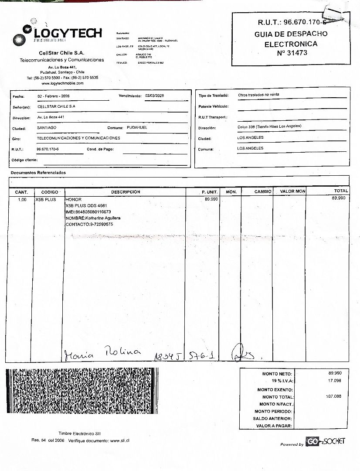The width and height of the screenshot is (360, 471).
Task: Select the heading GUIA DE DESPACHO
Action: pos(291,34)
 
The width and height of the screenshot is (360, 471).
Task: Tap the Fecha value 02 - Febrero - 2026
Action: pos(54,96)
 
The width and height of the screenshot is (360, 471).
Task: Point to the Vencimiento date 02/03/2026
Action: pos(155,96)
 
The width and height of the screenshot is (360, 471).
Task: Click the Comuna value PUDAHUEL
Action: pos(136,127)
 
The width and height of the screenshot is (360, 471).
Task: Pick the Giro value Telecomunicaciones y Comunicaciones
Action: pos(78,138)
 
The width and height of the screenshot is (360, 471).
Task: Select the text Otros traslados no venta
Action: pos(258,95)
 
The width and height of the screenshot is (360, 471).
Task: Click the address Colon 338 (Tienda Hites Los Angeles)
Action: pos(269,127)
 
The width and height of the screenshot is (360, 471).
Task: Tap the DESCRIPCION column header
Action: pos(126,192)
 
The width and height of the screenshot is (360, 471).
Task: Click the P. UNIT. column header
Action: pos(210,192)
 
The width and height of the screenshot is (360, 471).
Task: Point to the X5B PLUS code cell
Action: pos(46,200)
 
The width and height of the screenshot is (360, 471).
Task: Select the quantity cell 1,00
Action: pos(22,200)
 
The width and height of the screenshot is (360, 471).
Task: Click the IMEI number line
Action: pos(88,212)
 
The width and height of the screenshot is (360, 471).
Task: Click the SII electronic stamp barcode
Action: pos(82,391)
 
